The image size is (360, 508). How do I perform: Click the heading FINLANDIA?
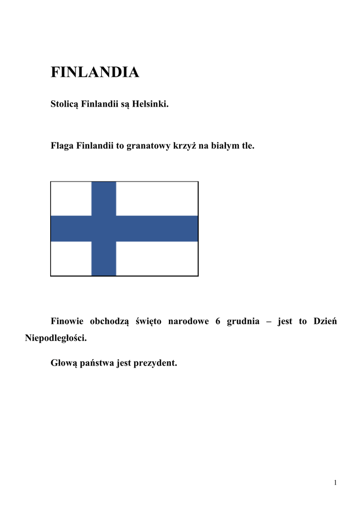coord(95,72)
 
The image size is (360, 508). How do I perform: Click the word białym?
coord(226,146)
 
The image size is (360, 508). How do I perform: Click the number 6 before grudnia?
coord(217,321)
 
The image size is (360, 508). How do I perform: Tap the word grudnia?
coord(243,321)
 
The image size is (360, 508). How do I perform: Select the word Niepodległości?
coord(56,338)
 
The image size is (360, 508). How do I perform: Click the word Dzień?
coord(325,321)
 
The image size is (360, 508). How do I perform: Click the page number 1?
coord(336,483)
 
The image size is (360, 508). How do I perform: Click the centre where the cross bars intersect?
coord(104,229)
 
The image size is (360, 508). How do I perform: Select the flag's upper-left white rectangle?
coord(71,198)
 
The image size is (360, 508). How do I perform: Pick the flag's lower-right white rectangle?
coord(157,258)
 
